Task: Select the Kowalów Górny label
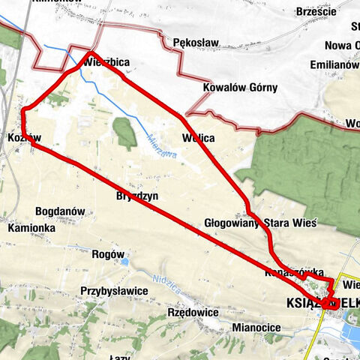240,88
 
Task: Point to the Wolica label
199,138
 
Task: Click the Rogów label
107,254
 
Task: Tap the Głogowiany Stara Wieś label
260,223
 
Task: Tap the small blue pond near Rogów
124,261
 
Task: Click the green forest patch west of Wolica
125,133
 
